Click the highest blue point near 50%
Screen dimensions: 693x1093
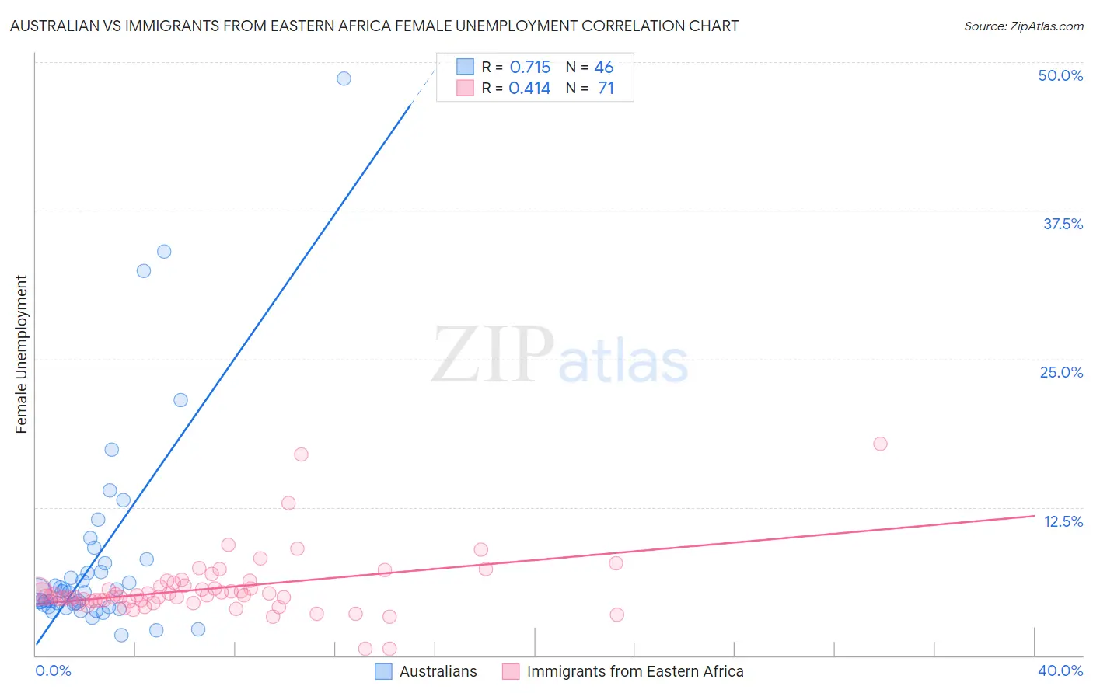pos(344,78)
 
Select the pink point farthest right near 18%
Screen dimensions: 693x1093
pos(880,444)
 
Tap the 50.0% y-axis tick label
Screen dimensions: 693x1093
pos(1060,75)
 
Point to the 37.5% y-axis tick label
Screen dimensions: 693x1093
pos(1063,224)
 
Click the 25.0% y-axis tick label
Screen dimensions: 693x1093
pos(1061,372)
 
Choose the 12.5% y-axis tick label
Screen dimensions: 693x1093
pos(1063,521)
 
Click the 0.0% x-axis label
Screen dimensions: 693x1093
pos(53,670)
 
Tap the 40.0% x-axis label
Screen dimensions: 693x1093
pos(1060,670)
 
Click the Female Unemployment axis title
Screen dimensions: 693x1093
pos(21,354)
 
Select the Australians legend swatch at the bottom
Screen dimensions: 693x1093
pos(383,671)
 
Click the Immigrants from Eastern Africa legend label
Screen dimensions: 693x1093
pos(634,671)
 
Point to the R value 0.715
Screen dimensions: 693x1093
pos(529,68)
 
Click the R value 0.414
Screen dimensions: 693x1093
pos(529,89)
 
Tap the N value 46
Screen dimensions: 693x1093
pos(604,68)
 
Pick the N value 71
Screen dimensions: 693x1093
pos(606,89)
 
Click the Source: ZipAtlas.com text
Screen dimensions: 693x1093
pos(1023,26)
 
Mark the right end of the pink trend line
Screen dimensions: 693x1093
pos(1035,516)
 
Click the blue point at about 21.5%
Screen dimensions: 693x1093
pos(180,400)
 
